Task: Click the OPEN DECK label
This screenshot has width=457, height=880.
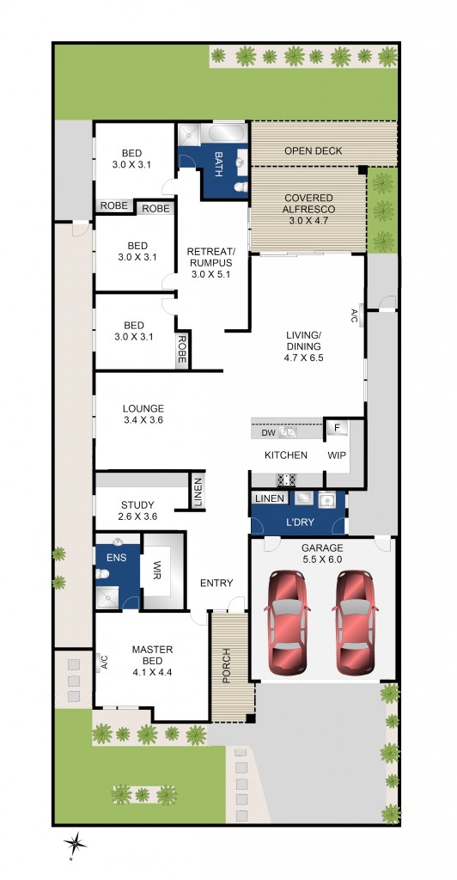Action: (x=314, y=151)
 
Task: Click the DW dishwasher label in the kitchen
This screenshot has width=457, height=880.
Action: (x=268, y=433)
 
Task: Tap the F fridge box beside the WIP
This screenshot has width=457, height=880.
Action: (x=337, y=428)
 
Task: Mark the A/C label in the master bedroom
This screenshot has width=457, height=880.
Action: (x=103, y=662)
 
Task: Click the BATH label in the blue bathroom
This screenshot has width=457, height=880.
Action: (x=218, y=163)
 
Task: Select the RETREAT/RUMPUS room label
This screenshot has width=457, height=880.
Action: (x=211, y=263)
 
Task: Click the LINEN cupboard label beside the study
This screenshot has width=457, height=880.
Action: (x=198, y=492)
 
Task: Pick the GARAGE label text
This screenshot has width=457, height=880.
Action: (x=321, y=548)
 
